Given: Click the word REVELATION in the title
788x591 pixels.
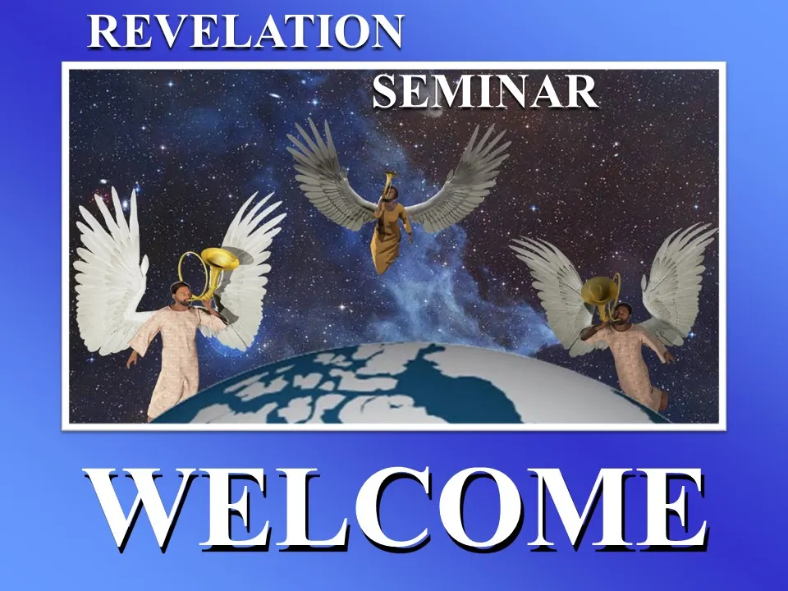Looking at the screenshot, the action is pos(245,31).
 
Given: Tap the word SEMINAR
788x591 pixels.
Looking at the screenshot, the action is pos(485,91).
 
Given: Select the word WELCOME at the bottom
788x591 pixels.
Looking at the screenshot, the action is pos(396,507).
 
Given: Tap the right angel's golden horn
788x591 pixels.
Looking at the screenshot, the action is pos(601,296).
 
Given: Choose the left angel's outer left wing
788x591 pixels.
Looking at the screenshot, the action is pos(112,272).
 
